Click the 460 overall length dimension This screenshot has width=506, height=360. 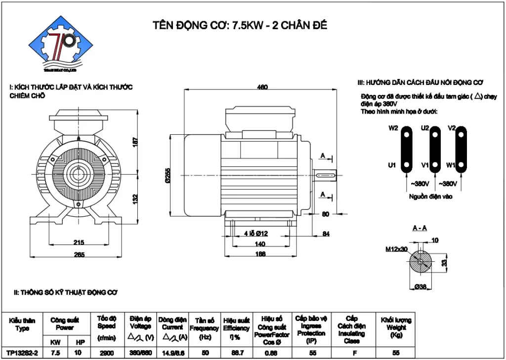coord(262,87)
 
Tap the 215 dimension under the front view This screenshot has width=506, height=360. coord(79,242)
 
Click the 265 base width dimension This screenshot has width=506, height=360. coord(79,255)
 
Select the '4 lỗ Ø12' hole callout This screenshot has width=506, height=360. coord(255,234)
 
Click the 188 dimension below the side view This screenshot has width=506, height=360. coord(260,254)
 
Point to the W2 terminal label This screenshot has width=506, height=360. coord(393,128)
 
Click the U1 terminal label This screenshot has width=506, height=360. coord(392,165)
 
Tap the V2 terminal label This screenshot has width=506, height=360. coord(451,128)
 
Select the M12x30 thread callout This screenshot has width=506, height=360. coord(396,249)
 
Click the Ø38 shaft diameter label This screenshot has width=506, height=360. coord(421,287)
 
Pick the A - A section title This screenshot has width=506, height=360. coord(420,228)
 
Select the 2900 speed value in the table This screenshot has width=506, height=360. coord(106,353)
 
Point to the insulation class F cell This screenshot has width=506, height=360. coord(351,353)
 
